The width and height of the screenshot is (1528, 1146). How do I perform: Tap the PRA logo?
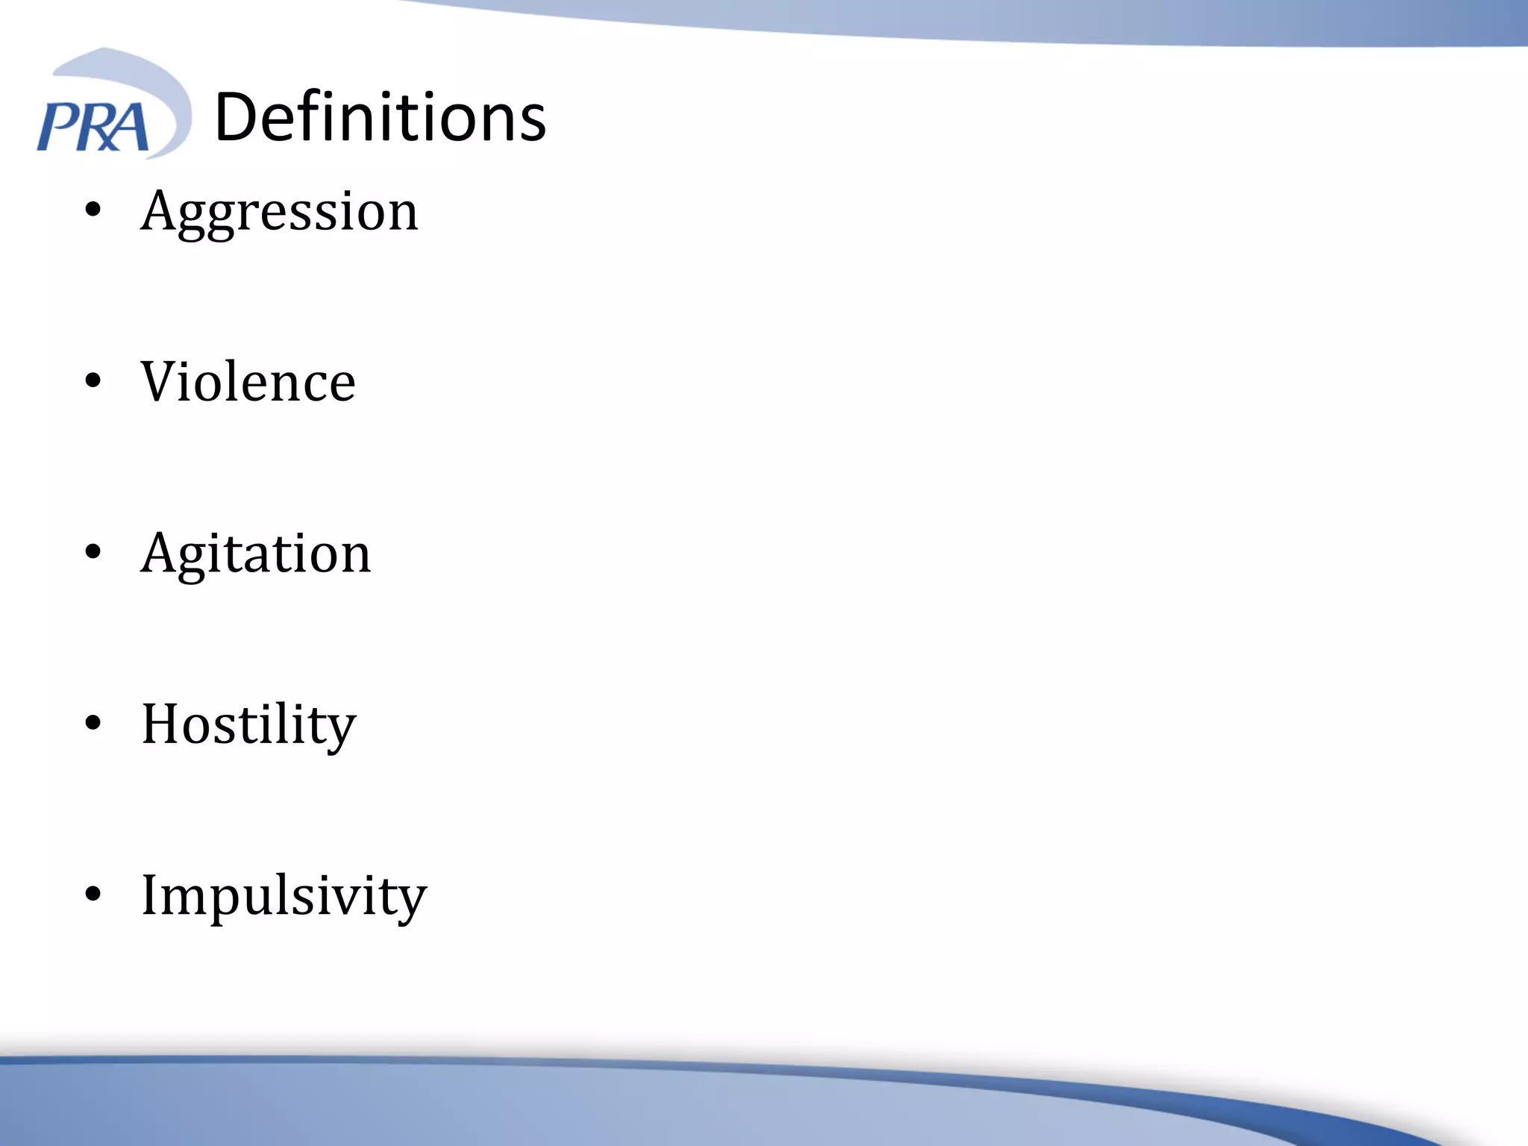[112, 104]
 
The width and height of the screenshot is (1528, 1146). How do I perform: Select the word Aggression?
[280, 211]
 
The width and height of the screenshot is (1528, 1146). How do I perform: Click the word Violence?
[248, 381]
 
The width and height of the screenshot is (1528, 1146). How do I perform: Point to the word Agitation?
[256, 553]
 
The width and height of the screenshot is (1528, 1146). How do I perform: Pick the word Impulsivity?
[284, 895]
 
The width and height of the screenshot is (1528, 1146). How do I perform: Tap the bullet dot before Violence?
[93, 381]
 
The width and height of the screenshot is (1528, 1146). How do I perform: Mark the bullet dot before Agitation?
[93, 553]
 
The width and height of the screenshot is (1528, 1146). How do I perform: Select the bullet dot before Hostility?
[93, 724]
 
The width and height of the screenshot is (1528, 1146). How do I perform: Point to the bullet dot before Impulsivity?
[93, 895]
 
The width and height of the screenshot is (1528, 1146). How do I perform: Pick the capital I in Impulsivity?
[151, 895]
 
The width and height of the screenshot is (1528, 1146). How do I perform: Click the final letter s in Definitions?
[530, 122]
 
